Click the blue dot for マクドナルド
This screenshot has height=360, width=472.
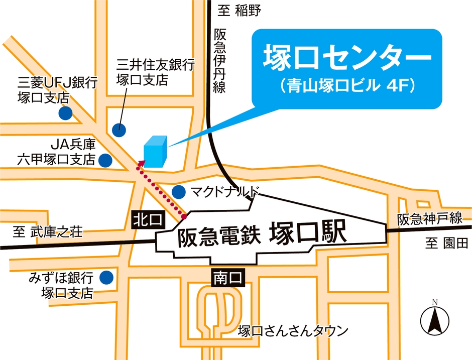(178, 191)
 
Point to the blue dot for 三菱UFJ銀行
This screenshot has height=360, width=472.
(64, 113)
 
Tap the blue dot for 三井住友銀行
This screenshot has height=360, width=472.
(119, 129)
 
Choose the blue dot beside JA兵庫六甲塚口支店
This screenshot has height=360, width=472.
(105, 160)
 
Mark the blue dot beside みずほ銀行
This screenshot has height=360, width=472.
(106, 277)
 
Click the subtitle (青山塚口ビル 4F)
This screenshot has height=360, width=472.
(346, 85)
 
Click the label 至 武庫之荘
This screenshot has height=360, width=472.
(48, 232)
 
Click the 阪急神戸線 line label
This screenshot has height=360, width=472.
(429, 219)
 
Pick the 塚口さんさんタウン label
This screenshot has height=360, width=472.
(293, 331)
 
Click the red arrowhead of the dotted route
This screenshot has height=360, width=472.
(141, 163)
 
